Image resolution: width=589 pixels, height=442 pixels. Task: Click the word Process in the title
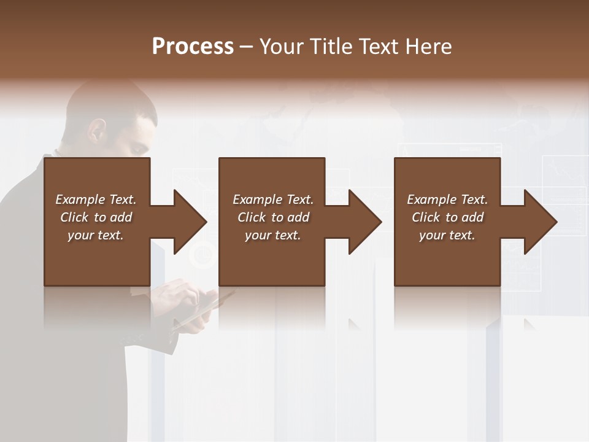(193, 47)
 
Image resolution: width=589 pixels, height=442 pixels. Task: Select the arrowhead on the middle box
(361, 222)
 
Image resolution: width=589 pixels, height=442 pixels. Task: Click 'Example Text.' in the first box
(96, 200)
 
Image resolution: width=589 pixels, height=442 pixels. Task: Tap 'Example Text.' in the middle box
(273, 200)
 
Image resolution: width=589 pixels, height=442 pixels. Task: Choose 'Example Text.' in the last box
(447, 200)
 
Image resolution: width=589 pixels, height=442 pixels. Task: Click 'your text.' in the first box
(96, 235)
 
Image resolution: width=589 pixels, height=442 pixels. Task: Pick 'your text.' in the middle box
(273, 235)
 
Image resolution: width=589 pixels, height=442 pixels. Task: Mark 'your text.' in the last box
(447, 235)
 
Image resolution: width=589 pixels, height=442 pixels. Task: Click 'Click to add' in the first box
(96, 217)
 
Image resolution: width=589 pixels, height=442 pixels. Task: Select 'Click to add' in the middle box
(273, 217)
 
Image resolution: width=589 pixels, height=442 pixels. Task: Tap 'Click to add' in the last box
(447, 217)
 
